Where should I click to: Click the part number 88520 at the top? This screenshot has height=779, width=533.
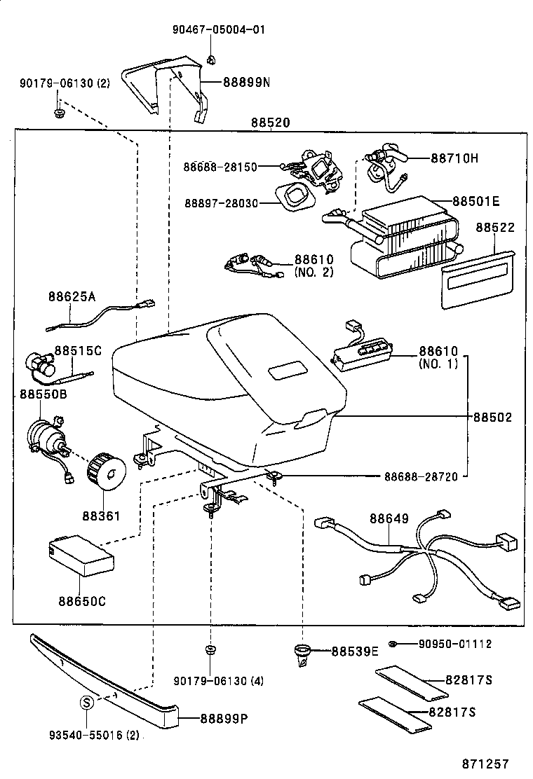pyautogui.click(x=271, y=123)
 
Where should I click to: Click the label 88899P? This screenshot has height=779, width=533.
pyautogui.click(x=225, y=718)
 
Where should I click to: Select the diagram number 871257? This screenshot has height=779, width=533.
pyautogui.click(x=485, y=764)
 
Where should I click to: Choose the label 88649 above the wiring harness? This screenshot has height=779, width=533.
pyautogui.click(x=389, y=519)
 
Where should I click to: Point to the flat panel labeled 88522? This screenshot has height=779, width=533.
pyautogui.click(x=476, y=278)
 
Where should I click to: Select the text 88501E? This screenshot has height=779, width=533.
pyautogui.click(x=475, y=202)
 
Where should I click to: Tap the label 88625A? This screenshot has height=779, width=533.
pyautogui.click(x=72, y=296)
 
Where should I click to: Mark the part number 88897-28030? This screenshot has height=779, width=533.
pyautogui.click(x=221, y=203)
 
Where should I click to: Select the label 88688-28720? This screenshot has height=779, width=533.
pyautogui.click(x=420, y=477)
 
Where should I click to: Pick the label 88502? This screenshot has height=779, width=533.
pyautogui.click(x=492, y=417)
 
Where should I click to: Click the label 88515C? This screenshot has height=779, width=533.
pyautogui.click(x=78, y=350)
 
